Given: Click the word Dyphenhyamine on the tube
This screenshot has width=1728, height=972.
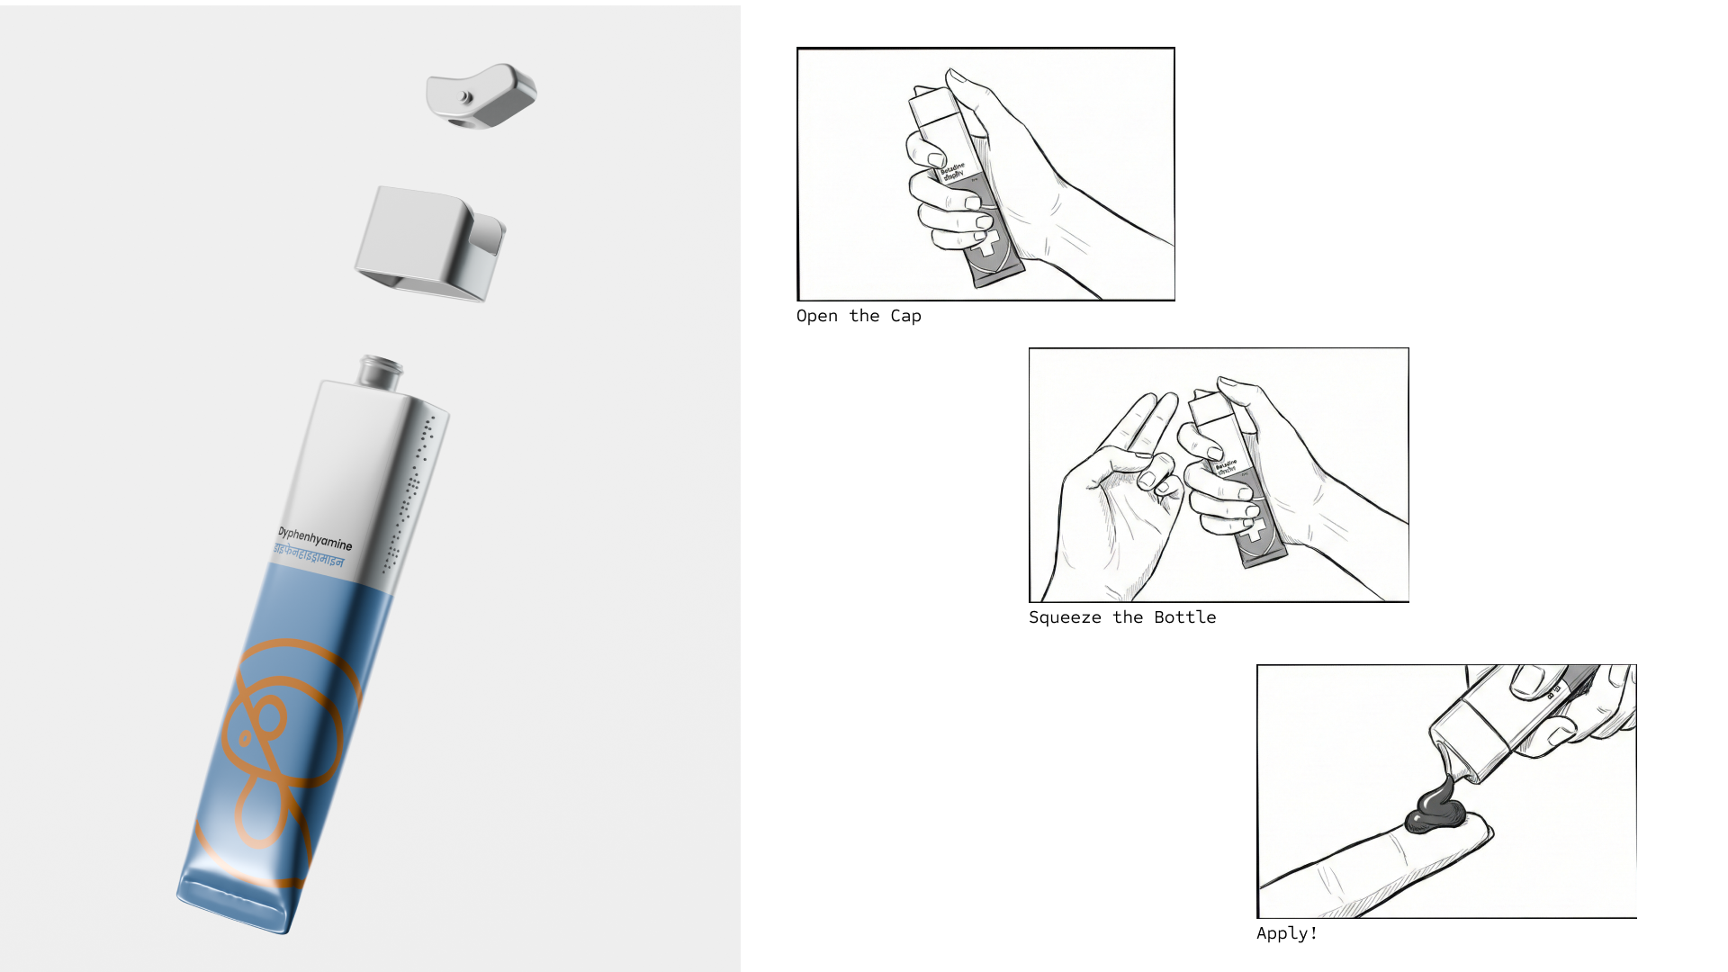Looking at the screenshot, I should (x=314, y=538).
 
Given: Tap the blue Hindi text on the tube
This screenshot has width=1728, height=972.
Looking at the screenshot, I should (x=308, y=555).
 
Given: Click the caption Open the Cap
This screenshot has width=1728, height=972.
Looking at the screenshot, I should (x=859, y=316).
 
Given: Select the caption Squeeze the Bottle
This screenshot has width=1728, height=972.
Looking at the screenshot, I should (x=1121, y=617).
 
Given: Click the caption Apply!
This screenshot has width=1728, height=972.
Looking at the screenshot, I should (x=1286, y=933).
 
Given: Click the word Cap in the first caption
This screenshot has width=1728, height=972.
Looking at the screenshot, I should (x=905, y=316).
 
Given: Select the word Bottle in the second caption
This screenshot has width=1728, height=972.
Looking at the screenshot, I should (x=1184, y=617).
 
